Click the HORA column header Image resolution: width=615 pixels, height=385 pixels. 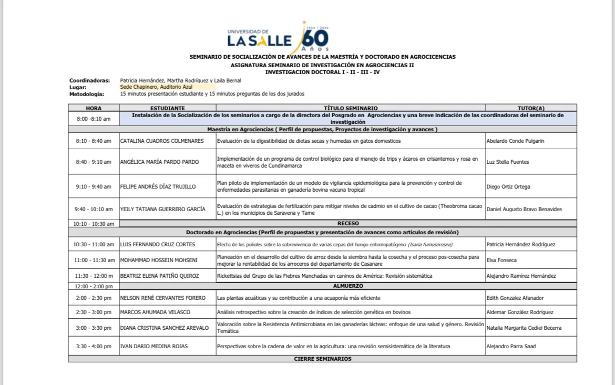point(94,108)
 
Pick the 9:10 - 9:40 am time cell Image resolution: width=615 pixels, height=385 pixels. point(94,186)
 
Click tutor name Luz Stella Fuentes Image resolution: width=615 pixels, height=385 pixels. point(508,162)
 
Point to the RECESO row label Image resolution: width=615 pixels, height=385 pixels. point(348,223)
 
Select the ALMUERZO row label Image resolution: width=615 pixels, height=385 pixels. point(348,286)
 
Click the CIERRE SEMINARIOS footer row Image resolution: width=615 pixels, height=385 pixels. point(322,359)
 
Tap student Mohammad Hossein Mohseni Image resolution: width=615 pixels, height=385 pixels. point(159,260)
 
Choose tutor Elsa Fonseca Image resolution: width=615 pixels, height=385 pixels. point(501,260)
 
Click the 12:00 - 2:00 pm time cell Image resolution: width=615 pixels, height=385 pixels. point(94,286)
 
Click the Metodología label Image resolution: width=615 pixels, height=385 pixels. point(87,94)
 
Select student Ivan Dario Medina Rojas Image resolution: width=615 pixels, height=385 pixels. point(153,346)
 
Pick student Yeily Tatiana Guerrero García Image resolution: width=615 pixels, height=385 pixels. point(162,209)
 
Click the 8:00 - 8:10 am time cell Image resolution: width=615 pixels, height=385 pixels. point(94,119)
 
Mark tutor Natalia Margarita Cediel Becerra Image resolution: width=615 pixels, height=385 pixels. point(524,328)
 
